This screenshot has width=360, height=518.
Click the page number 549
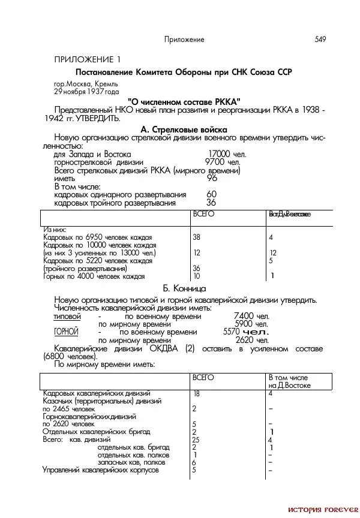tap(320, 40)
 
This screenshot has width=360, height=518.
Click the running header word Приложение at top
tap(184, 40)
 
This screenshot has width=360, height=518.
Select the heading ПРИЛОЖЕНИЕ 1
tap(87, 59)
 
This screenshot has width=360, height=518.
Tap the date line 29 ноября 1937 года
tap(86, 92)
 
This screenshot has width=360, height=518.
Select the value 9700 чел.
tap(222, 162)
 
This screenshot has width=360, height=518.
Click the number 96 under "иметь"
tap(212, 178)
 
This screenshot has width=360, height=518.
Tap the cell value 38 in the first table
tap(196, 237)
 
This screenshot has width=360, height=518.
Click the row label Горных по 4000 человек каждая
tap(94, 276)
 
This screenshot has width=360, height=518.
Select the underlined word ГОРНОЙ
tap(66, 332)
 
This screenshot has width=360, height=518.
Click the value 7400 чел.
tap(251, 316)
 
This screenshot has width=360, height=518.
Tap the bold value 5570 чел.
tap(245, 332)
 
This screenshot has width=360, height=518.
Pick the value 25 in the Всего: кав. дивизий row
tap(196, 439)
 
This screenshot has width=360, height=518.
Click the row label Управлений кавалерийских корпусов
tap(101, 470)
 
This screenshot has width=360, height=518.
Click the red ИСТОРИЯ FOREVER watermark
tap(323, 510)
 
